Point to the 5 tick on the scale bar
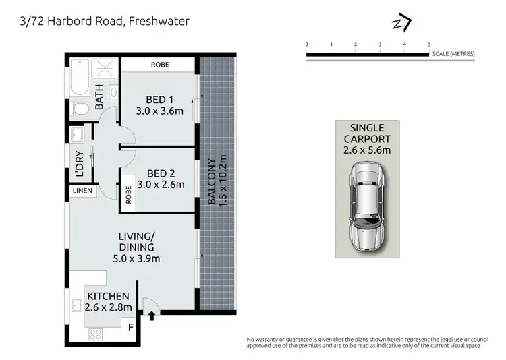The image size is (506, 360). [429, 44]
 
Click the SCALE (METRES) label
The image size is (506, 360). [454, 53]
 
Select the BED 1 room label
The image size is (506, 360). [159, 100]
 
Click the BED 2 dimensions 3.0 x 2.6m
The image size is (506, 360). [160, 184]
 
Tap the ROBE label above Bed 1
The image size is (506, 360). [160, 65]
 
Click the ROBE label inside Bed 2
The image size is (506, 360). [128, 196]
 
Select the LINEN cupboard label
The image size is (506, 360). [82, 191]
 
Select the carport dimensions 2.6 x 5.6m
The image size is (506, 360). [368, 150]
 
